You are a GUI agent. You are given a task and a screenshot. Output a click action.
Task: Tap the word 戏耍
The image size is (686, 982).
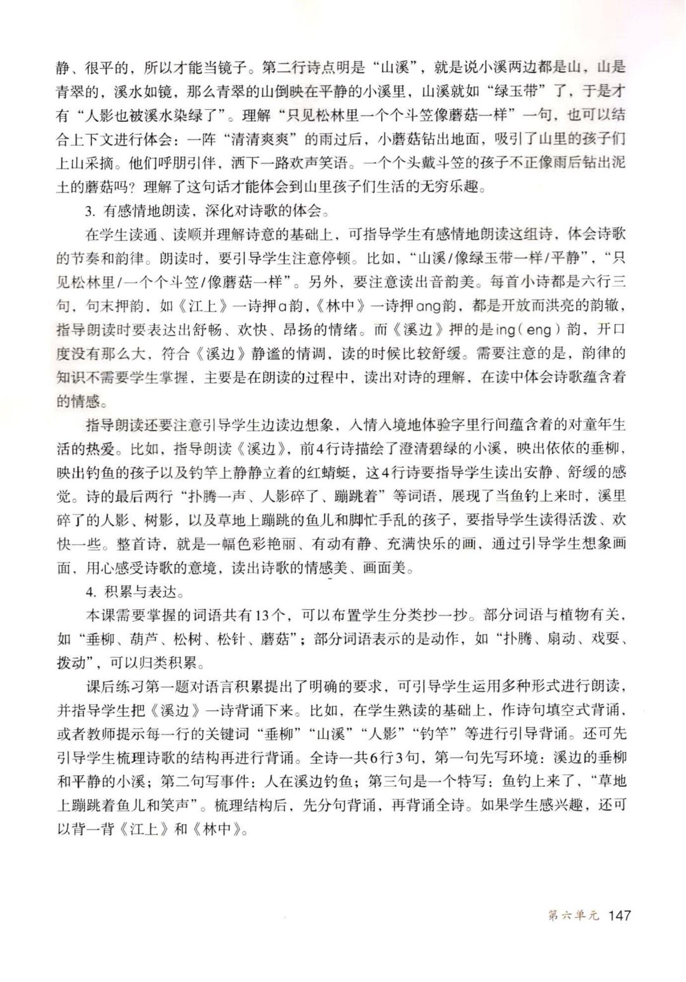(604, 639)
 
